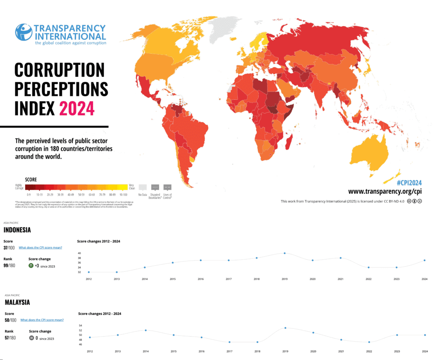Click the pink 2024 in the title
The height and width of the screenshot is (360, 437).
[77, 108]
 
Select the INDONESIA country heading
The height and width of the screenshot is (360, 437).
[17, 230]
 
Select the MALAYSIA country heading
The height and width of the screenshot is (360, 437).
[17, 302]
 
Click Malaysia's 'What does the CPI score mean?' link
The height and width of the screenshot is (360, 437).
[42, 320]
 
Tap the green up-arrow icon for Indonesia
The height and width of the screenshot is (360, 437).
[31, 266]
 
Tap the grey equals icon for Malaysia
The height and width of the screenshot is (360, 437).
[32, 338]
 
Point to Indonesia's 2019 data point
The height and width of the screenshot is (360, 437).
[285, 253]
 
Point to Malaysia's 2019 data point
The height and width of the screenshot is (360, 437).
[285, 328]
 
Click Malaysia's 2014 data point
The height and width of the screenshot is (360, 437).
[146, 330]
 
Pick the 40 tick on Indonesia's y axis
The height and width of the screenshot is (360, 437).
[79, 253]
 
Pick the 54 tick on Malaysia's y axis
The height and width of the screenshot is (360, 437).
[80, 326]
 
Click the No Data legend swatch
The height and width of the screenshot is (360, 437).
[143, 187]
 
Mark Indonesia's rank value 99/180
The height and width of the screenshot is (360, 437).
[9, 266]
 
